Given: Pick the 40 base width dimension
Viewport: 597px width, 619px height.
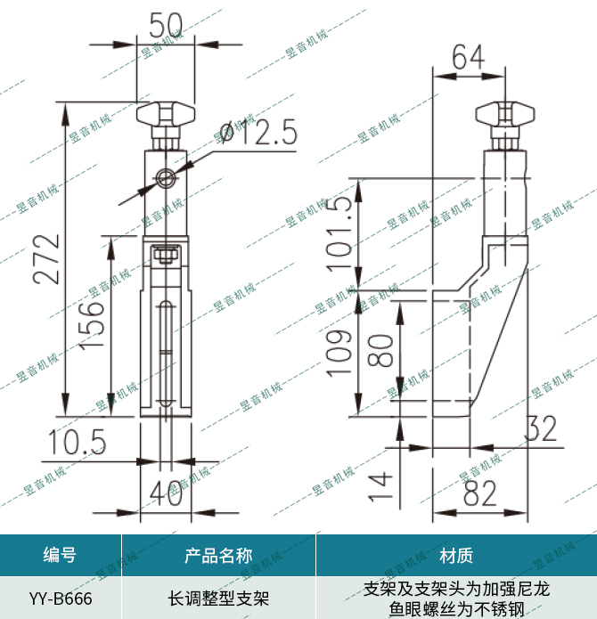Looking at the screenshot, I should click(x=167, y=492).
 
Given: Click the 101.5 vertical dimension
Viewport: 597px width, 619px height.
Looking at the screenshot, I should click(x=340, y=227).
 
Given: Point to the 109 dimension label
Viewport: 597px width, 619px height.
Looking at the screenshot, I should click(x=340, y=353).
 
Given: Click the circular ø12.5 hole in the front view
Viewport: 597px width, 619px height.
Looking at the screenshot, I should click(x=164, y=178).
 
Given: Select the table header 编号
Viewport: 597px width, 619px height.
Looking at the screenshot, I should click(x=60, y=557).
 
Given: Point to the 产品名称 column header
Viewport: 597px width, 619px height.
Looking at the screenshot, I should click(x=218, y=557).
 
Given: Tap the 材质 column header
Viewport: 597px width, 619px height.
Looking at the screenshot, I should click(x=456, y=557).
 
